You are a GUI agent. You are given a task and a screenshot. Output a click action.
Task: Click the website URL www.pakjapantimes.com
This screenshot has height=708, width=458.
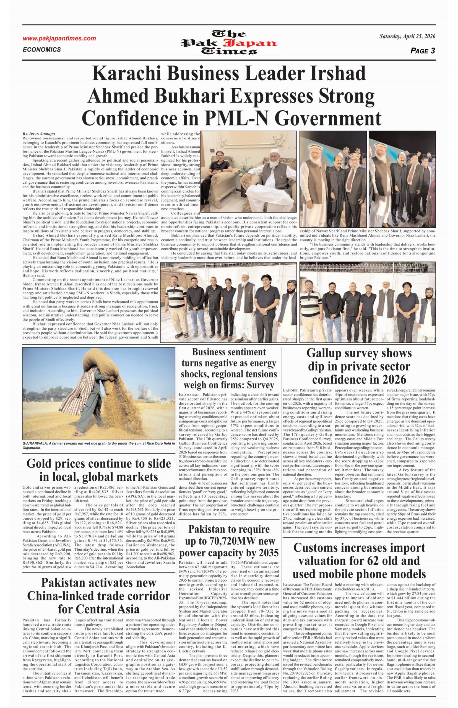59,38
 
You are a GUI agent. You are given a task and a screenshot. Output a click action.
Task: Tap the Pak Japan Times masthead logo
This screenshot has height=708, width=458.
229,43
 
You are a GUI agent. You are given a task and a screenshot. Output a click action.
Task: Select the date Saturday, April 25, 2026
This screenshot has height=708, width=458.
407,37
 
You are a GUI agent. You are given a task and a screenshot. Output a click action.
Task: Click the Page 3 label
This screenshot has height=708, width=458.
423,51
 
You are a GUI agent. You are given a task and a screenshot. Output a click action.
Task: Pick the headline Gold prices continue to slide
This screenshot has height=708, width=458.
98,464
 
